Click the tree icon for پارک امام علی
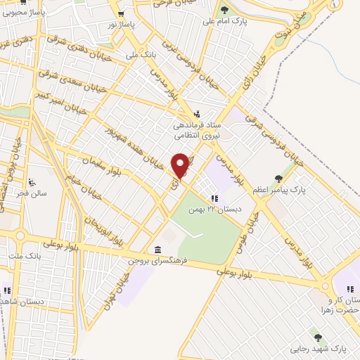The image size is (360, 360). tap(224, 11)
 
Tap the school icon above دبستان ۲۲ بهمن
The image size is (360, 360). tap(214, 198)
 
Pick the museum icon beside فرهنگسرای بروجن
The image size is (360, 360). tap(156, 250)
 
